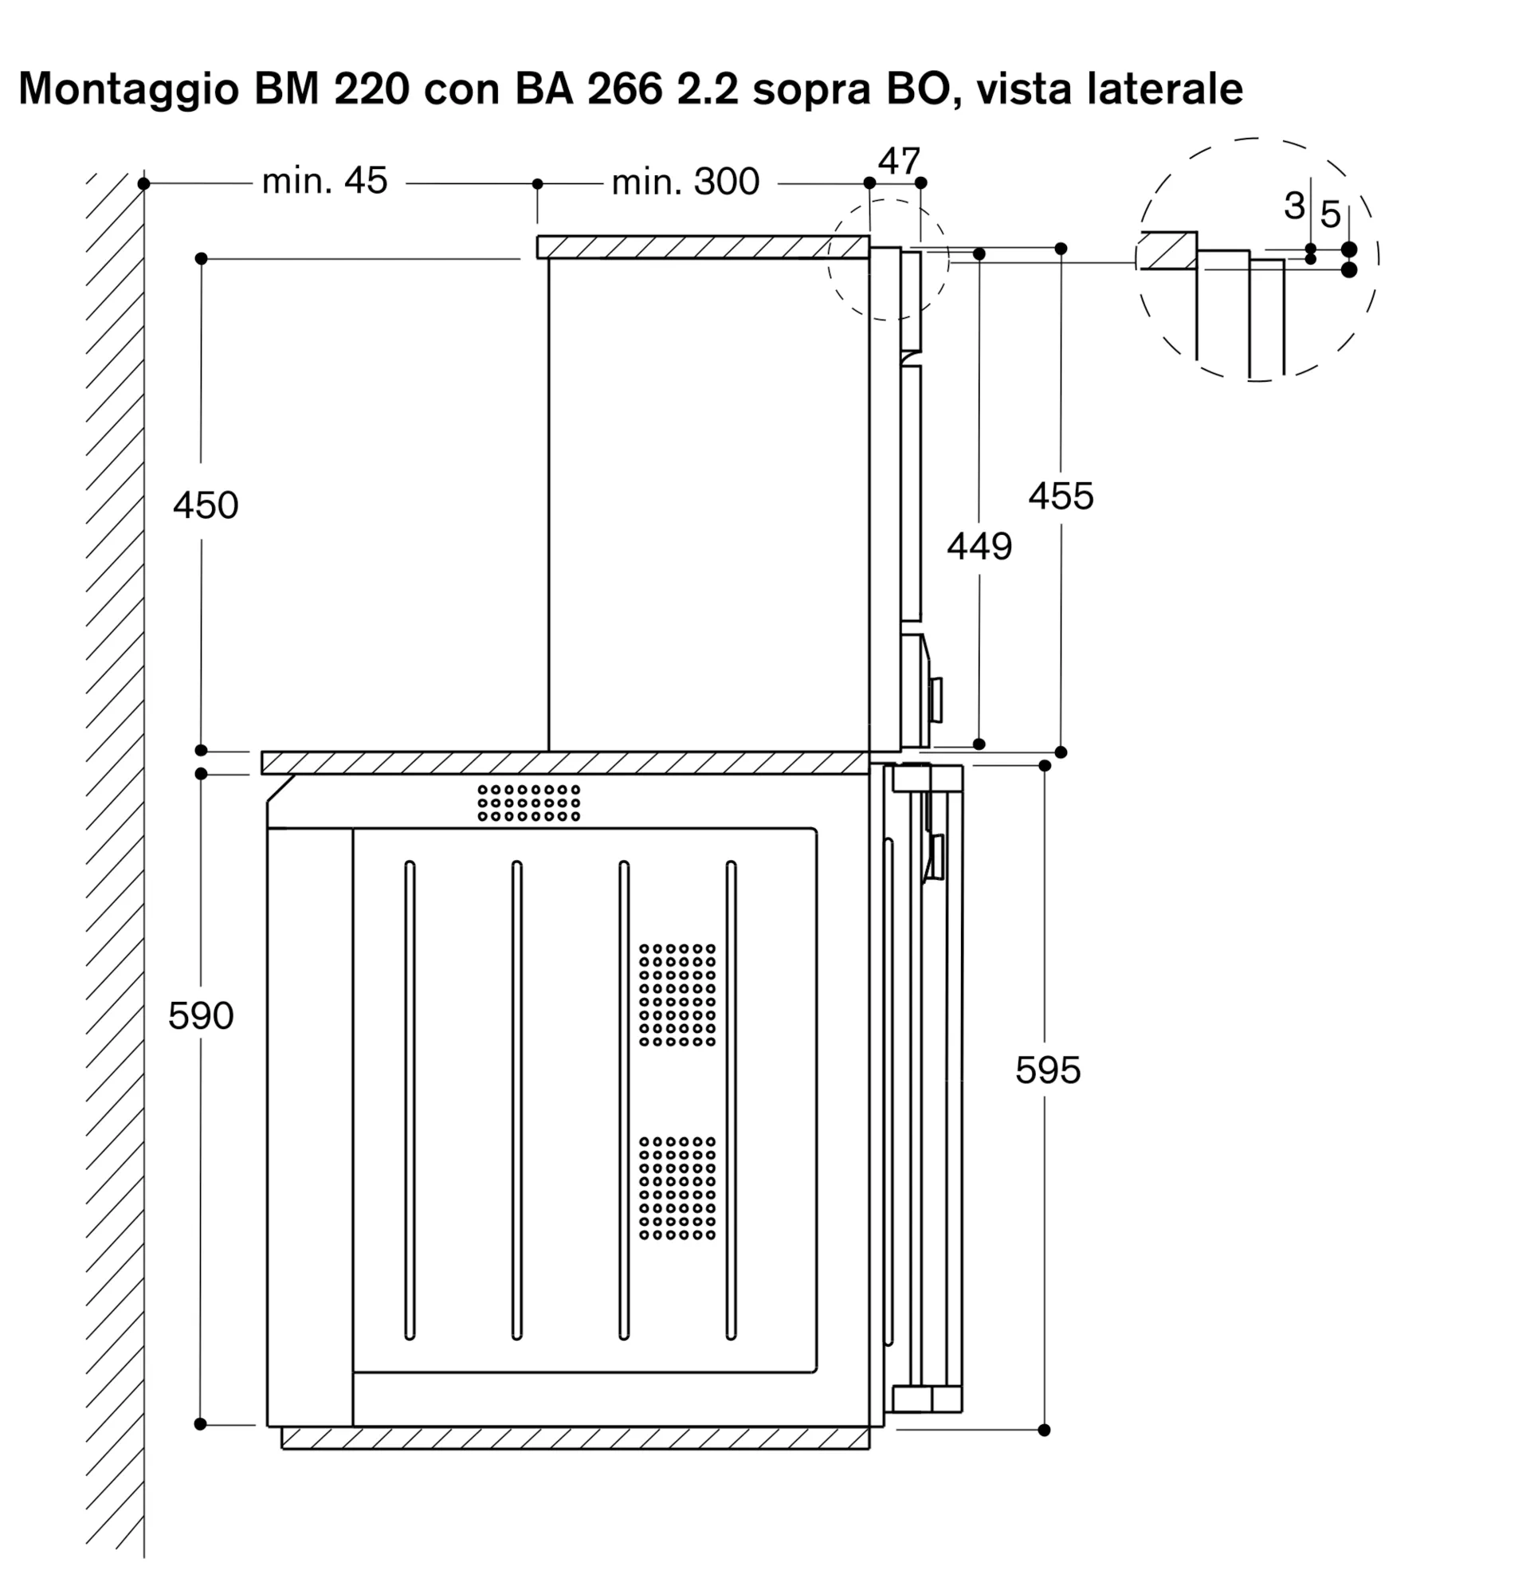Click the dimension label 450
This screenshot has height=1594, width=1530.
(x=205, y=506)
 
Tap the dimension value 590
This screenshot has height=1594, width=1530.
(x=201, y=1015)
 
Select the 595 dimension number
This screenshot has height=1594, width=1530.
(x=1047, y=1070)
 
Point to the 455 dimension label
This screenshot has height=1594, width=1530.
(x=1060, y=496)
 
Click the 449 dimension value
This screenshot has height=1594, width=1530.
(x=979, y=547)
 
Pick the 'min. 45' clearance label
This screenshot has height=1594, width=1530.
(x=324, y=182)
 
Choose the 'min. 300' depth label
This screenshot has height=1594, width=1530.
(x=685, y=183)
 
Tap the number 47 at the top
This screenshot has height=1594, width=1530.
(x=898, y=161)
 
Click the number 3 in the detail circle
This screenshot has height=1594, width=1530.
(x=1294, y=206)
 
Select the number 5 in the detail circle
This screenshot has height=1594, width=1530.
(x=1330, y=214)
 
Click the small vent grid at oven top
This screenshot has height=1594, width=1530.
(x=528, y=803)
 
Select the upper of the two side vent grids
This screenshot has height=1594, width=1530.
(x=677, y=995)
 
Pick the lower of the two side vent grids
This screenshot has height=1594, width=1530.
(x=677, y=1188)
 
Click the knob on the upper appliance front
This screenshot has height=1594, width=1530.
(x=936, y=700)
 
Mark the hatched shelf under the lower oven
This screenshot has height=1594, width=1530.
(x=575, y=1460)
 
